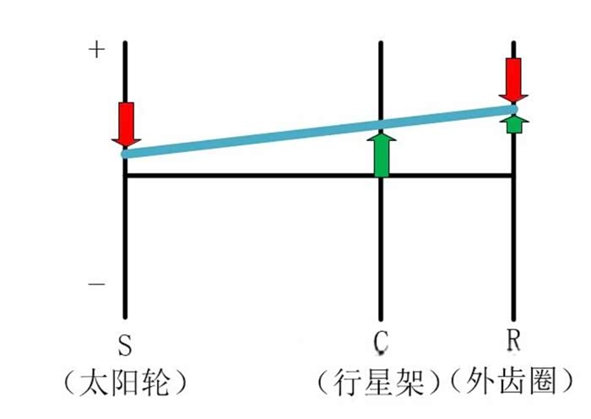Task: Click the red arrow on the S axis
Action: point(126,123)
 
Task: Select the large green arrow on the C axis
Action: point(382,154)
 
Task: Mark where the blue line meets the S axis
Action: point(126,154)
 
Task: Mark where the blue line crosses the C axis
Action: point(382,124)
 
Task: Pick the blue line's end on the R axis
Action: point(513,108)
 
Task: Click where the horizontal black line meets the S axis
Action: point(126,176)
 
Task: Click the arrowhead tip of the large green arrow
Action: point(382,132)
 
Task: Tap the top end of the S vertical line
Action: point(126,41)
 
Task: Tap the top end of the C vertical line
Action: point(382,41)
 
